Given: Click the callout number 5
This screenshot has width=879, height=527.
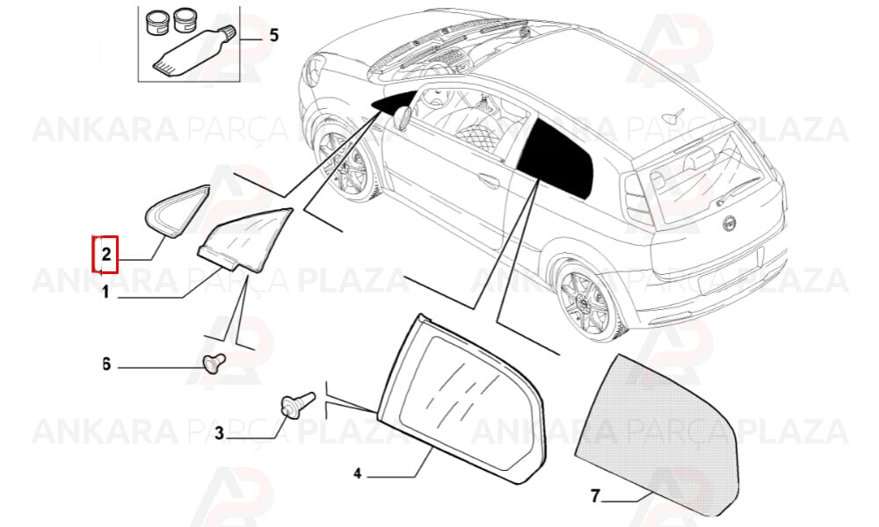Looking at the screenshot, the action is point(273,35).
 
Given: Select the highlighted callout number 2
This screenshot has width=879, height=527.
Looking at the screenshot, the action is point(106,255).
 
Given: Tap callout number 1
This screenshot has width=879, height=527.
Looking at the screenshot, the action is point(105,292).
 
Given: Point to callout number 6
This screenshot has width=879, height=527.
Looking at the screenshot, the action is point(106,365).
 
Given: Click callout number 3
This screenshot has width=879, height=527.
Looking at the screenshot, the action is point(219,432).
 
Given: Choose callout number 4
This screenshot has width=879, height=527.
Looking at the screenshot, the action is point(358,473).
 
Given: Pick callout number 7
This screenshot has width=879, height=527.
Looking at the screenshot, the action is point(595,496).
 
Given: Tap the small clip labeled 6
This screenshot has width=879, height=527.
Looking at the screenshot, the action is point(214,363).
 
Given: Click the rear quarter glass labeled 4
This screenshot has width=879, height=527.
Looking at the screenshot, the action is point(461,399).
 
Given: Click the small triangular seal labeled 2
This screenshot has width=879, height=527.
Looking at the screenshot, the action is point(177,211).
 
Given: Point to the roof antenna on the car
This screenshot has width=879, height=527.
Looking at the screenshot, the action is point(672,116).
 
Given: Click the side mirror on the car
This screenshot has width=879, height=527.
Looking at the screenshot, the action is point(402,119).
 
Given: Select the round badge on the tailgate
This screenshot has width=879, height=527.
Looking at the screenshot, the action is point(729,223).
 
